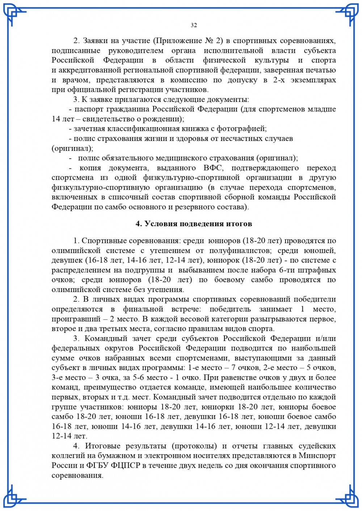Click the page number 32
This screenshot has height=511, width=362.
pyautogui.click(x=194, y=25)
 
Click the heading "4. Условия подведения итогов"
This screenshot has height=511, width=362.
pyautogui.click(x=194, y=224)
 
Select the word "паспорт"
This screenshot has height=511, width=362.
pyautogui.click(x=89, y=109)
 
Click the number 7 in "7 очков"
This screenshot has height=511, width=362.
pyautogui.click(x=234, y=368)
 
